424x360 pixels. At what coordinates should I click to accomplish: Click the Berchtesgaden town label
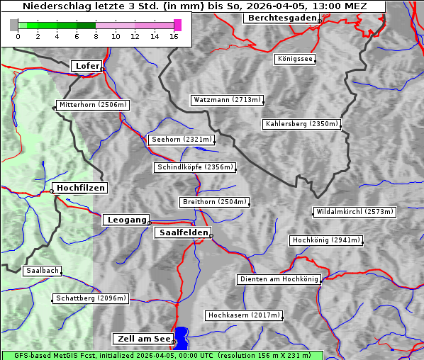tap(281, 18)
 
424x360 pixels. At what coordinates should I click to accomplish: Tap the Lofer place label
tap(87, 66)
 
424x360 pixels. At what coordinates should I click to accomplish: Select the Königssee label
tap(296, 59)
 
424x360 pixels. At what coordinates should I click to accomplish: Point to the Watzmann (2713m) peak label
tap(227, 100)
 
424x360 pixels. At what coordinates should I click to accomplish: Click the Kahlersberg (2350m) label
tap(302, 124)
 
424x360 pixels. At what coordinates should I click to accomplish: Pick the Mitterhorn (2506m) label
tap(93, 105)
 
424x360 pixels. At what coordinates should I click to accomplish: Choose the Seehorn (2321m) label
tap(182, 140)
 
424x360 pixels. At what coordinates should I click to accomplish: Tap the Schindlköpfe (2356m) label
tap(194, 167)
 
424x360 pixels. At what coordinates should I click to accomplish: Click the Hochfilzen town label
tap(80, 188)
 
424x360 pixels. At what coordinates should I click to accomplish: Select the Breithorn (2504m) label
tap(214, 202)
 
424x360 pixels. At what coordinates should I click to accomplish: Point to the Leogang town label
tap(127, 220)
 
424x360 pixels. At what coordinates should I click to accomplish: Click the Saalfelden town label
tap(183, 232)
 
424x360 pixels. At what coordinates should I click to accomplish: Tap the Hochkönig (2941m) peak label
tap(326, 240)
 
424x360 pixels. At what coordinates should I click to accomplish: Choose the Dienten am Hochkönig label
tap(279, 279)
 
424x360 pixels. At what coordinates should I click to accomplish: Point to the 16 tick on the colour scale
tap(174, 36)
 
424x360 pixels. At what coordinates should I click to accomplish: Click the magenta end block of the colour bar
tap(177, 25)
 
